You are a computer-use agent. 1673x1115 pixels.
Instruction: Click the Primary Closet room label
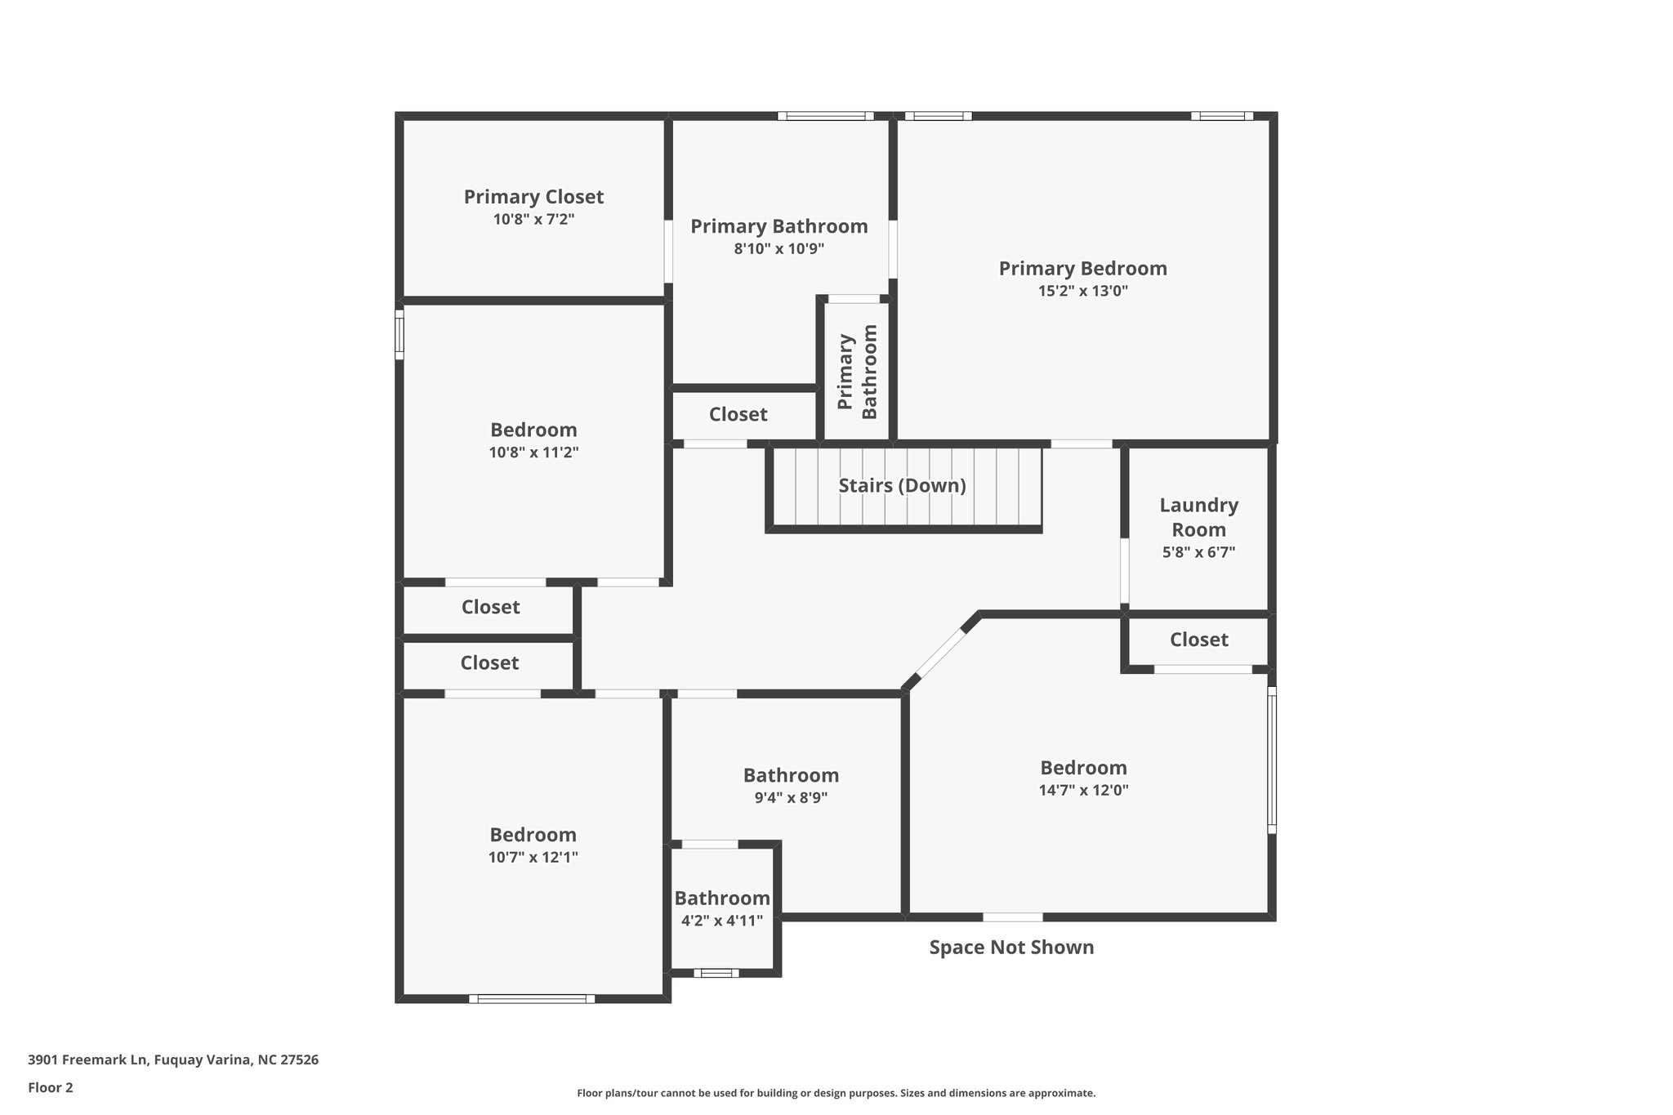coord(533,197)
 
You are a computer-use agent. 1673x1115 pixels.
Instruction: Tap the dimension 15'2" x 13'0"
coord(1082,291)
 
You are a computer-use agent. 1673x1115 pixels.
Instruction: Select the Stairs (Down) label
coord(902,486)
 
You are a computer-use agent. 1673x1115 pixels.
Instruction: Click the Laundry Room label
coord(1198,517)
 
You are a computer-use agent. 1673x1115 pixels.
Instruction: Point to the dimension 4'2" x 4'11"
coord(722,921)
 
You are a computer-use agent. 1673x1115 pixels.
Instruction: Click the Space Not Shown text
coord(1011,948)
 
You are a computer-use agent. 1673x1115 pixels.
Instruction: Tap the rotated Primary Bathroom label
coord(857,372)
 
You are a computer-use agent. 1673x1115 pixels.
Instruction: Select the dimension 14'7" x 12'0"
coord(1083,790)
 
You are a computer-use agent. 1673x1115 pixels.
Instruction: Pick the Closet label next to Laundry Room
coord(1198,640)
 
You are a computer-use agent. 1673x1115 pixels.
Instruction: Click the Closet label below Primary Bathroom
coord(738,415)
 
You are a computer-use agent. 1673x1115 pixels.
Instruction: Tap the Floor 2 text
coord(51,1087)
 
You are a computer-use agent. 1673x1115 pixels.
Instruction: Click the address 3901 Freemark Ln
coord(172,1060)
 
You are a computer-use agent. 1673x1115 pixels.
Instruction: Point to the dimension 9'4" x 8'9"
coord(791,797)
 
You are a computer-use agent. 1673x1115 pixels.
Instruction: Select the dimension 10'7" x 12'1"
coord(533,857)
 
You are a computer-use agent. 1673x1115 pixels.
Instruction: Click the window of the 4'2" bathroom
coord(716,973)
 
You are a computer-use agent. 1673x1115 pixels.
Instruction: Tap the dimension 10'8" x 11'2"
coord(533,452)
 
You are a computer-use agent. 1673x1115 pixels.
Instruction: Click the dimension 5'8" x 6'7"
coord(1198,551)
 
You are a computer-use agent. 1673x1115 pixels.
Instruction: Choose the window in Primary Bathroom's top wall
coord(825,116)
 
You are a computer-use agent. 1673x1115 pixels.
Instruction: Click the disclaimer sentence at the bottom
coord(836,1093)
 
